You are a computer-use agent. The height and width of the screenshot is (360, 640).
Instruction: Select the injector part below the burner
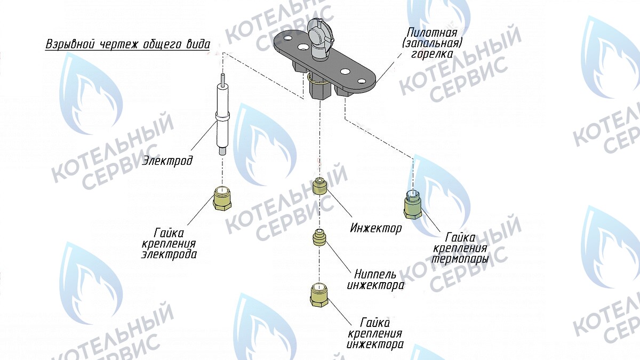(318, 187)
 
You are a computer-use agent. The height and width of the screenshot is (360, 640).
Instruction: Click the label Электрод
(167, 160)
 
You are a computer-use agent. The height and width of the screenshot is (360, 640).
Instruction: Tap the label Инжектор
(376, 229)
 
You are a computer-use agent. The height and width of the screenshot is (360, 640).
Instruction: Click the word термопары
(460, 259)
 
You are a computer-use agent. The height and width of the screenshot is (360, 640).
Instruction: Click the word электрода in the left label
(169, 254)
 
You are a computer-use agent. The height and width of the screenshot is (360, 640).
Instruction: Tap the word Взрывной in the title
(69, 44)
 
